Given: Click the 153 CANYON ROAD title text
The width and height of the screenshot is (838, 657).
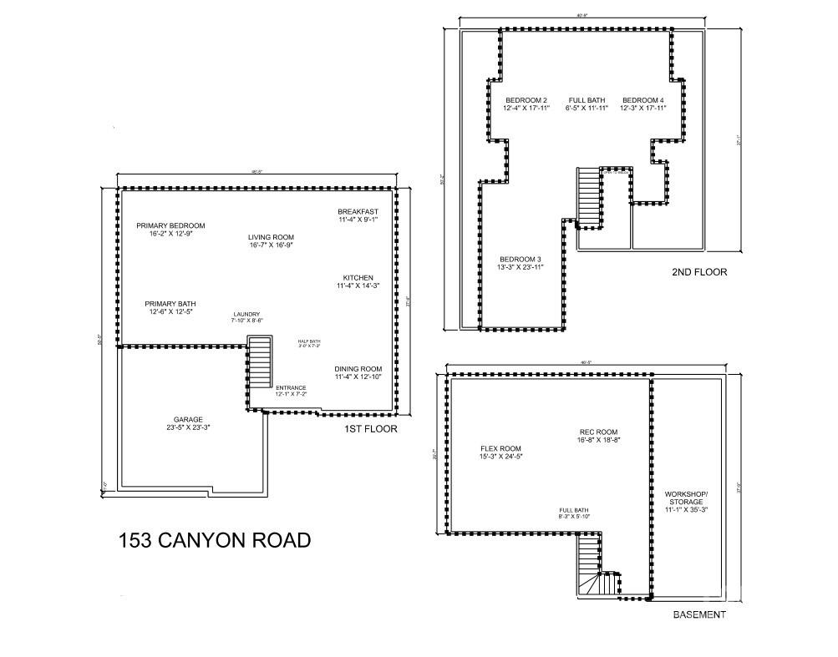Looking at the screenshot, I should tap(215, 540).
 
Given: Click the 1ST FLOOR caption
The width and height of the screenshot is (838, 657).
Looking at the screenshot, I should tap(370, 429).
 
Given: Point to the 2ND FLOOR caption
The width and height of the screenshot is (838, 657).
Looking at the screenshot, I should tap(699, 272).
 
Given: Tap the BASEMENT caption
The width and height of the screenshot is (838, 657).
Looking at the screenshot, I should tap(699, 615).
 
